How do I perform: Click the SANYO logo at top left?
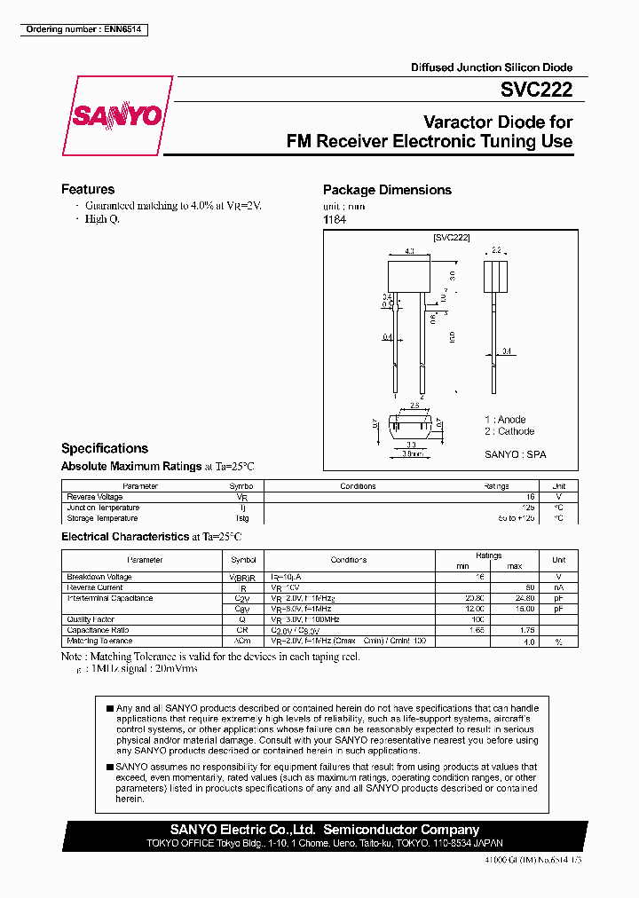coord(117,116)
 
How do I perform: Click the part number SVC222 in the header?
coord(535,90)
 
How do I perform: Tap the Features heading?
coord(88,189)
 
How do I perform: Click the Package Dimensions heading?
coord(387,190)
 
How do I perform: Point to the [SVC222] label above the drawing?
coord(451,238)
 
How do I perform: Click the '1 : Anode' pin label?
coord(505,420)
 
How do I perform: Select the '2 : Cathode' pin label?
coord(509,431)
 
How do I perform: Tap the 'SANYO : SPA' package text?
coord(515,454)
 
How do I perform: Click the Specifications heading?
coord(105,448)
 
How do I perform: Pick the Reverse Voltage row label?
coord(95,497)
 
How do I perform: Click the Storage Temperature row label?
coord(102,518)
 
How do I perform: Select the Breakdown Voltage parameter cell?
coord(99,577)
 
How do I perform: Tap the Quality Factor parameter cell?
coord(91,619)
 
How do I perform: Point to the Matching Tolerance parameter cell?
coord(99,641)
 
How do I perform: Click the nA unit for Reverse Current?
coord(558,587)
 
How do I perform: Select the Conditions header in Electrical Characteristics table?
coord(349,560)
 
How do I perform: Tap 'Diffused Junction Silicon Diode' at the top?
coord(491,67)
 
